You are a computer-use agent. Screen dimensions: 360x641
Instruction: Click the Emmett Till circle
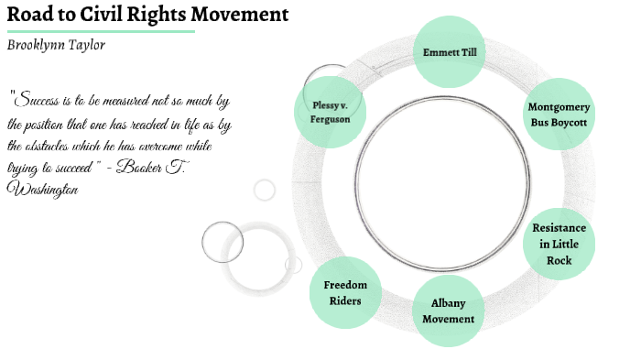[449, 51]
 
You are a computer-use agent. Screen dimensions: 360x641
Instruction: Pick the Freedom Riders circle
[345, 293]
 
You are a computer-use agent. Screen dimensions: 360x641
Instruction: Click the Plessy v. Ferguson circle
[330, 111]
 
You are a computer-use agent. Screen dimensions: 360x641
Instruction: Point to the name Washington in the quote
[42, 189]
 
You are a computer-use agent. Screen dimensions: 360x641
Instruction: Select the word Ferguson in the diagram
[330, 119]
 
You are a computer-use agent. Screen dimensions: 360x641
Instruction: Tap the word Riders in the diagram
[345, 301]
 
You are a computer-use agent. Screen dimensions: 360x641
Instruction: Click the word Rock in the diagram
[559, 261]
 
